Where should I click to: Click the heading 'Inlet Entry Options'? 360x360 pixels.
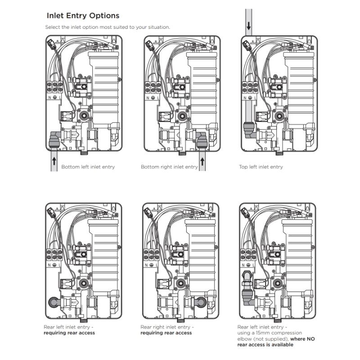pos(83,16)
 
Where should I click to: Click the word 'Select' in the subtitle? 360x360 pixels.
pos(51,27)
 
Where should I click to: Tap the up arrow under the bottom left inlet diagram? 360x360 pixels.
pos(54,161)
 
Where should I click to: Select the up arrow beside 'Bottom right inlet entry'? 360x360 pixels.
pos(202,161)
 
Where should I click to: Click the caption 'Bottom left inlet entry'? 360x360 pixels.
pos(88,167)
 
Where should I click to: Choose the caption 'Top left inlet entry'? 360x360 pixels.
pos(261,167)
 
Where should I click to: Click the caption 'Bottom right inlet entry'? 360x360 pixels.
pos(169,167)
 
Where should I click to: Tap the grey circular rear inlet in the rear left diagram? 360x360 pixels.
pos(54,302)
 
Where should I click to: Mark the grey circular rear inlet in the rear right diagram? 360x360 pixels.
pos(201,302)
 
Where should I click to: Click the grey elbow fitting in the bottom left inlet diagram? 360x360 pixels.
pos(54,139)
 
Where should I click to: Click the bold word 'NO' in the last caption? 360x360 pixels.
pos(310,339)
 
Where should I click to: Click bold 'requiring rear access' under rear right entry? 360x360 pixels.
pos(166,333)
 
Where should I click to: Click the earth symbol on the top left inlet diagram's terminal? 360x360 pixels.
pos(250,98)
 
